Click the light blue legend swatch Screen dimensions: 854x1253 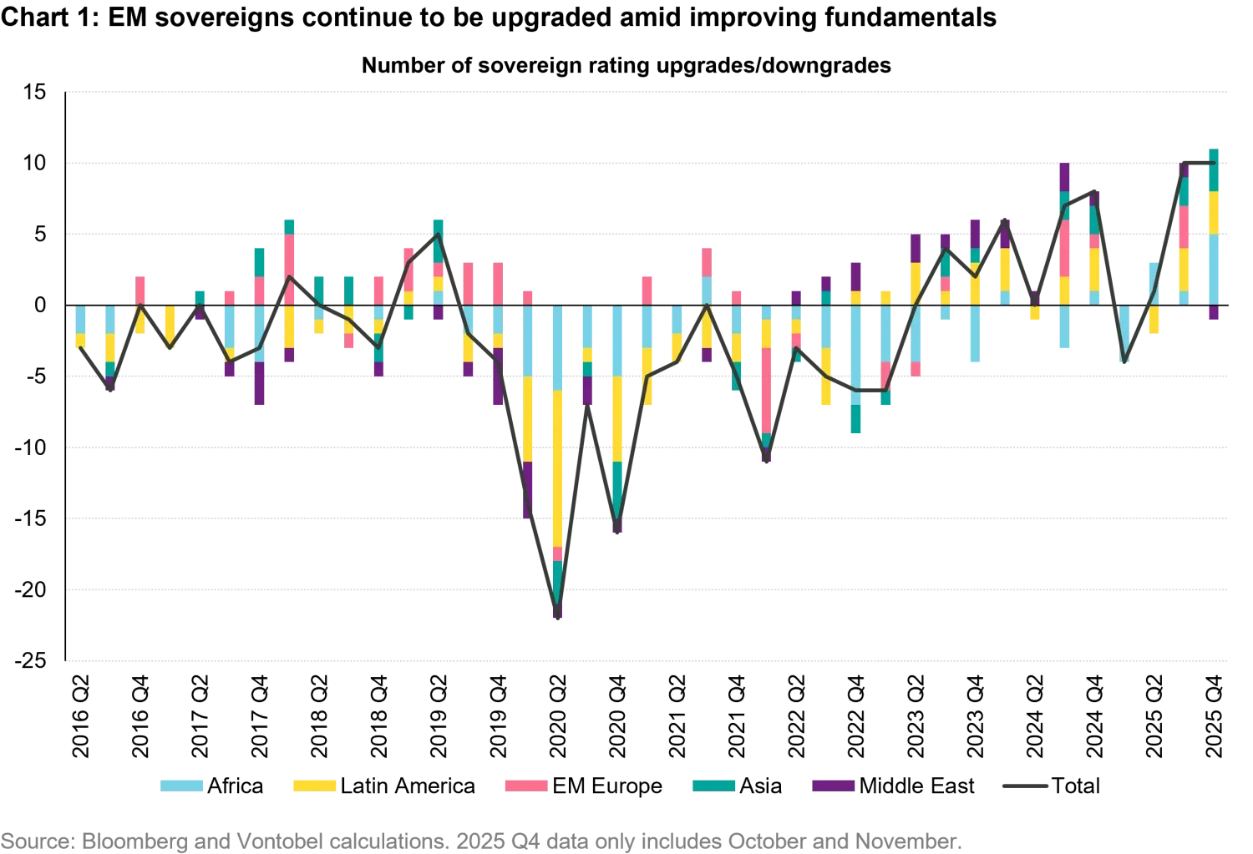[x=183, y=785]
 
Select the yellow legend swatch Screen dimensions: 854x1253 [x=313, y=785]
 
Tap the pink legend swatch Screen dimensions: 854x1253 [x=525, y=785]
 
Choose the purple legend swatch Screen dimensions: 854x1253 [x=832, y=785]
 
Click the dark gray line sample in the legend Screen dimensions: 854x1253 [x=1022, y=785]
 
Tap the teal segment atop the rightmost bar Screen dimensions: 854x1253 [x=1214, y=171]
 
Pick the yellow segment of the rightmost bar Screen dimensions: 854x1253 [x=1214, y=213]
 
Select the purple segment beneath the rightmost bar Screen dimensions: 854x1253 [x=1214, y=312]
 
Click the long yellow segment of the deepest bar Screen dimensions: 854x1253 [x=557, y=467]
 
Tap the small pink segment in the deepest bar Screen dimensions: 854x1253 [x=557, y=553]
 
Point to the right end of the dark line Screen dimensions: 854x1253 [x=1214, y=164]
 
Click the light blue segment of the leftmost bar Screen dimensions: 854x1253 [x=80, y=320]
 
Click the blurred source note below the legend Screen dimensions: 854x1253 [x=480, y=841]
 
